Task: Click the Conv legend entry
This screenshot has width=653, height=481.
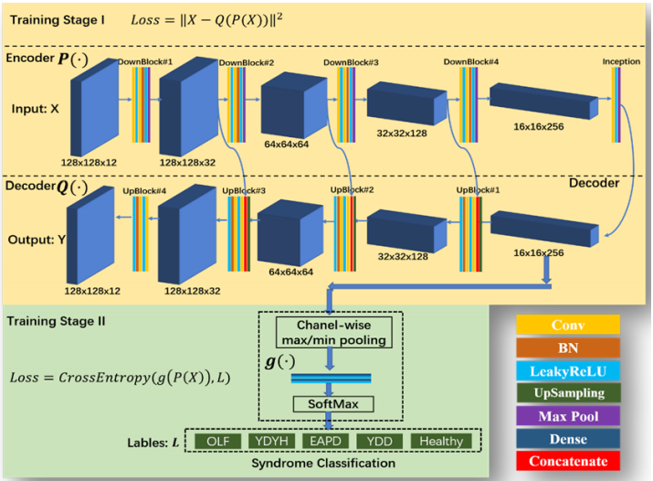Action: click(x=567, y=325)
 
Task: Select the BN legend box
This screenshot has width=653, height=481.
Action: click(x=567, y=347)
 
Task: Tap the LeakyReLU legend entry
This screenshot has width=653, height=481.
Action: click(x=567, y=370)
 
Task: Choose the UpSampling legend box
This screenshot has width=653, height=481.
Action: click(x=567, y=393)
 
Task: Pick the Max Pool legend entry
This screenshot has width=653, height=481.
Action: click(x=567, y=416)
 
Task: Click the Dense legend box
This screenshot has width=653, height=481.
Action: click(x=567, y=438)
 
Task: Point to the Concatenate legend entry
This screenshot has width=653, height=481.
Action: click(x=567, y=461)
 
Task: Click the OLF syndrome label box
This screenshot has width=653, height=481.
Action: click(x=216, y=441)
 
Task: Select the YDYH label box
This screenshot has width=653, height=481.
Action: click(x=271, y=441)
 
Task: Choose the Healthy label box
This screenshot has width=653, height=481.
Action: click(x=441, y=441)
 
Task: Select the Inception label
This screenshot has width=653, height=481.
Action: click(x=621, y=61)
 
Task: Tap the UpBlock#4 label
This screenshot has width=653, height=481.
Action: click(x=144, y=192)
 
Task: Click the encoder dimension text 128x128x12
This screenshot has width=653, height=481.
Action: click(x=90, y=160)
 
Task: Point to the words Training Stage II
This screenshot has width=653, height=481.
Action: click(x=56, y=322)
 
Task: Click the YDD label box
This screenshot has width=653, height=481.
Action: click(x=383, y=441)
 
